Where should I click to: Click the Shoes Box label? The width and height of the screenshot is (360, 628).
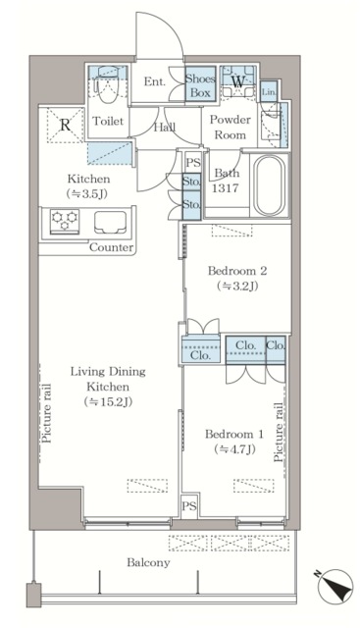[x=200, y=85]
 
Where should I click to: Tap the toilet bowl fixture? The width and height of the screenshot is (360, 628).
[x=108, y=85]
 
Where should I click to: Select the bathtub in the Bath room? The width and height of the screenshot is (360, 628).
[x=270, y=185]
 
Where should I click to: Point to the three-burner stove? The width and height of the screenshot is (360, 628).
[x=65, y=221]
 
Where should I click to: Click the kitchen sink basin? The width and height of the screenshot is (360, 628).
[x=110, y=222]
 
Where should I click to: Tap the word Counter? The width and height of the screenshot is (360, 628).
[x=111, y=247]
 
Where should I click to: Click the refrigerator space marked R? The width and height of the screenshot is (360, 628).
[x=66, y=125]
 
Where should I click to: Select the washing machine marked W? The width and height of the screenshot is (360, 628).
[x=237, y=81]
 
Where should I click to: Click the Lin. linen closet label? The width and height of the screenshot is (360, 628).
[x=269, y=92]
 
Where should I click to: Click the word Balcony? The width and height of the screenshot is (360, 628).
[x=148, y=562]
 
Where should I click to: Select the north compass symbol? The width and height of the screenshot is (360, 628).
[x=334, y=584]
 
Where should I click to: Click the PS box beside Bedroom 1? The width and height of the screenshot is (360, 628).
[x=189, y=506]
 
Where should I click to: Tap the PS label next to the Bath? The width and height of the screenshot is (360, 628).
[x=193, y=163]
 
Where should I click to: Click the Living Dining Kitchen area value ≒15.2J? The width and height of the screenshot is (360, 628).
[x=108, y=401]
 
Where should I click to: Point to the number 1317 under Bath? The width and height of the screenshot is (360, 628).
[x=225, y=187]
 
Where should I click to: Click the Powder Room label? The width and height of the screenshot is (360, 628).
[x=231, y=127]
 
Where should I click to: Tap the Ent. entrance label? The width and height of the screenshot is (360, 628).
[x=155, y=81]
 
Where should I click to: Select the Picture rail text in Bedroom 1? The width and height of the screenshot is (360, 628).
[x=279, y=433]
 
